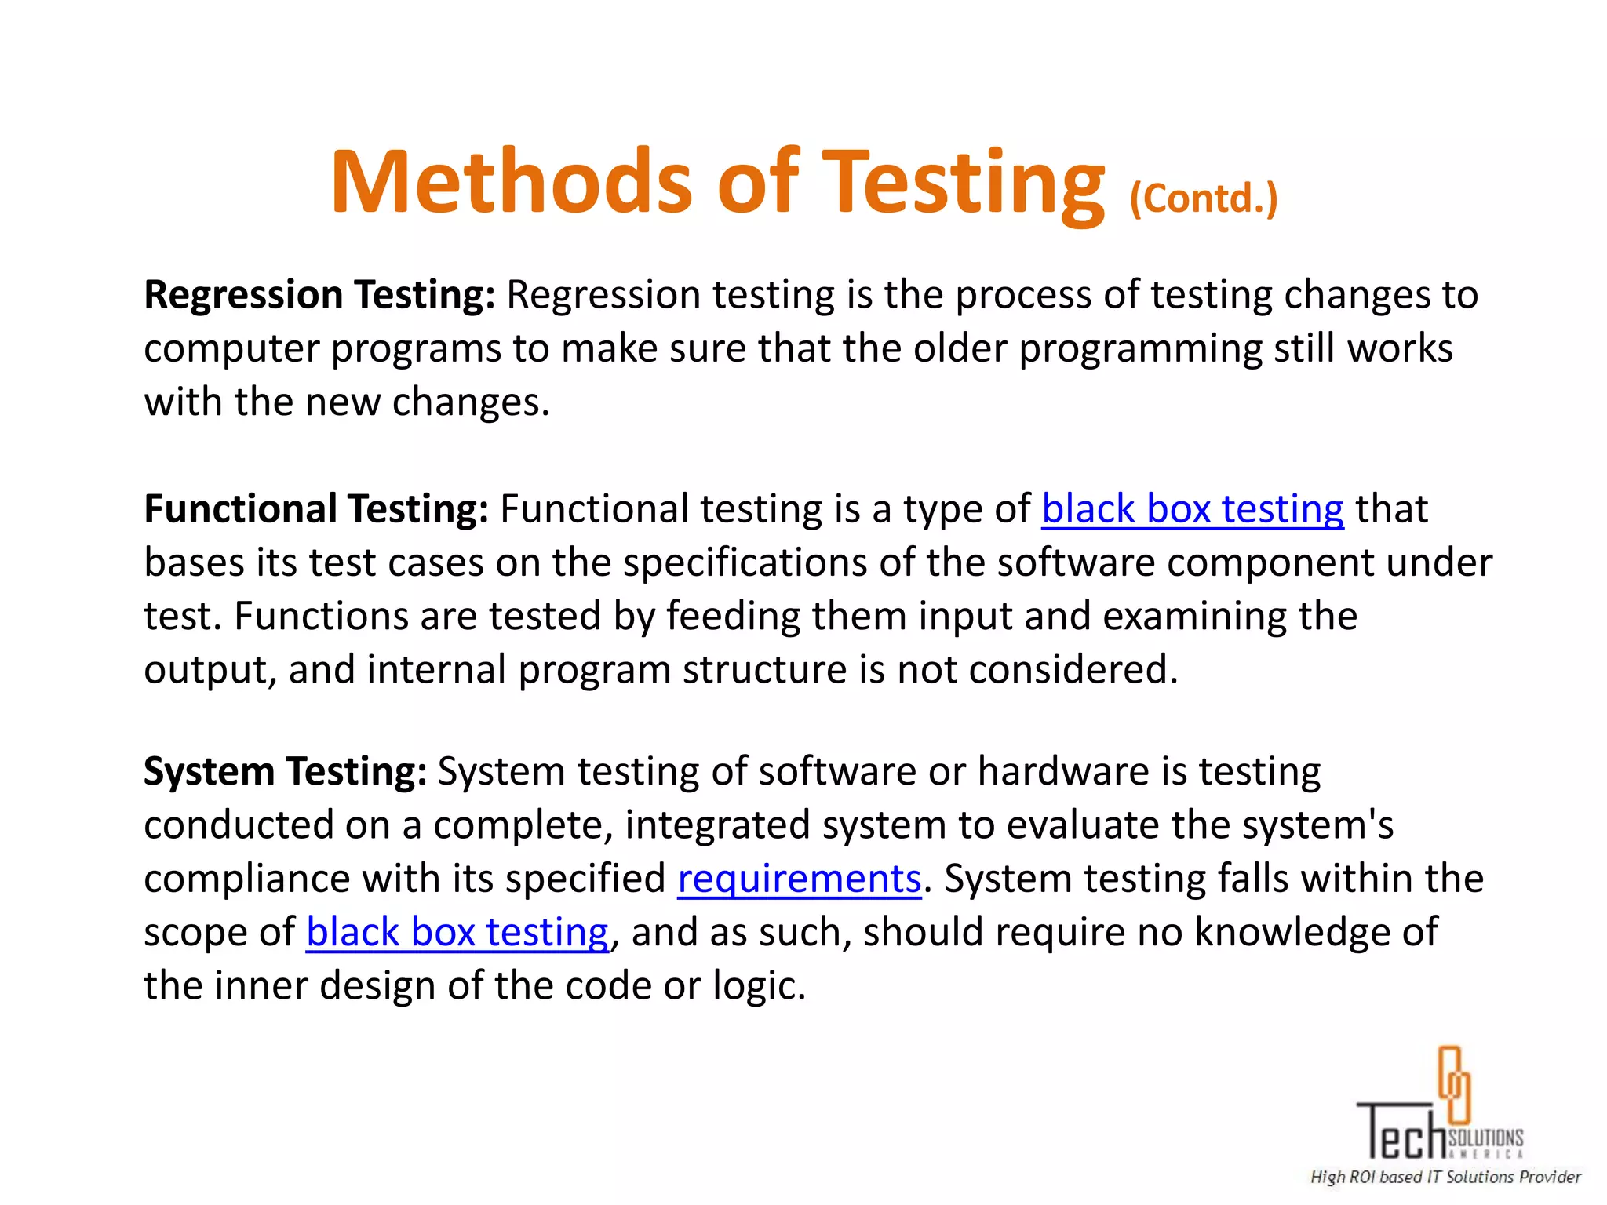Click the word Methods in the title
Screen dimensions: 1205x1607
point(511,182)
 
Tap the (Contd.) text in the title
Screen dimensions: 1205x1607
point(1204,198)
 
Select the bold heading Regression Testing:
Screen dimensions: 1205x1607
point(319,296)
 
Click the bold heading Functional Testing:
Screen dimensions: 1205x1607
point(316,509)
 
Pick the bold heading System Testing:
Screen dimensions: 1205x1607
point(285,771)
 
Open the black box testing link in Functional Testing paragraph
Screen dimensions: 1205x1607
point(1192,509)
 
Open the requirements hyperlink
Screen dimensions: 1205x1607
point(799,879)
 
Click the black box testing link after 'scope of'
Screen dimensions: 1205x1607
point(457,932)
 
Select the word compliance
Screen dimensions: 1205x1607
point(246,879)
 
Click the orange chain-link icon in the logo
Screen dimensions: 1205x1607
point(1453,1085)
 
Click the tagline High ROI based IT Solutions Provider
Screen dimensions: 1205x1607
point(1445,1177)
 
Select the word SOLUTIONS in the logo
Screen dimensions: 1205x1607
point(1485,1138)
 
